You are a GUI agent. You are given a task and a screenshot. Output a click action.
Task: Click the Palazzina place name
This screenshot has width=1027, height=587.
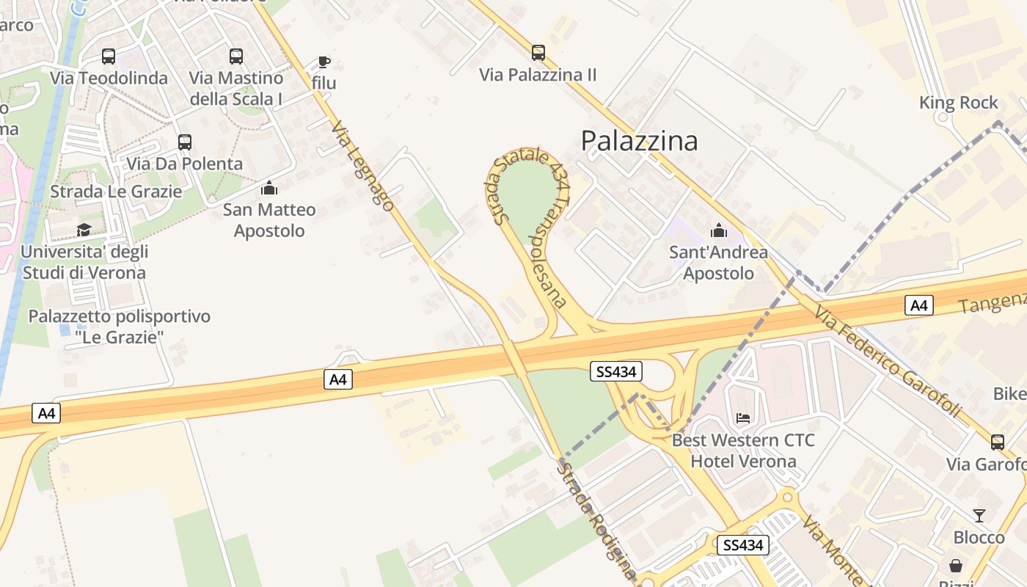pyautogui.click(x=639, y=141)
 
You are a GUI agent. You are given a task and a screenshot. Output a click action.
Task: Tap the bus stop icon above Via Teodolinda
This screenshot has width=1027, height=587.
pyautogui.click(x=109, y=56)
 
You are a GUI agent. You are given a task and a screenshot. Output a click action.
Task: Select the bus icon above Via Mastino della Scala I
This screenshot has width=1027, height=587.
pyautogui.click(x=235, y=56)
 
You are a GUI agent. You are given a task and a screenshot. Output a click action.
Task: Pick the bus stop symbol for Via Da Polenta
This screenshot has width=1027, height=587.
pyautogui.click(x=185, y=142)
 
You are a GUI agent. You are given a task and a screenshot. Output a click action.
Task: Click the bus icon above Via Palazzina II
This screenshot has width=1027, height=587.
pyautogui.click(x=538, y=53)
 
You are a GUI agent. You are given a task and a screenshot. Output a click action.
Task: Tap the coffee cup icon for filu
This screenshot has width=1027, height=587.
pyautogui.click(x=324, y=62)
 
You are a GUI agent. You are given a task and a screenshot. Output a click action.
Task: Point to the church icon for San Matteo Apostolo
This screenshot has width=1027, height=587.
pyautogui.click(x=269, y=189)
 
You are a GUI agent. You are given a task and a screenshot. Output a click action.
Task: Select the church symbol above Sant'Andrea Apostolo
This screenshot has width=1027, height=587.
pyautogui.click(x=718, y=231)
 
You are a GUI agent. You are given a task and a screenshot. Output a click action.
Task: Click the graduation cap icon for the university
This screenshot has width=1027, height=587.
pyautogui.click(x=84, y=230)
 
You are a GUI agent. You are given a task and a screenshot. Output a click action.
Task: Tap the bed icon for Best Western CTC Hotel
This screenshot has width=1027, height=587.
pyautogui.click(x=743, y=418)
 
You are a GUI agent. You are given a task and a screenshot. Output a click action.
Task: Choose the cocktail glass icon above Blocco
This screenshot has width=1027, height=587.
pyautogui.click(x=979, y=515)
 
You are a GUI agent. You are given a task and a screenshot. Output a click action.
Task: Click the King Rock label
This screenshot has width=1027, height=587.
pyautogui.click(x=959, y=103)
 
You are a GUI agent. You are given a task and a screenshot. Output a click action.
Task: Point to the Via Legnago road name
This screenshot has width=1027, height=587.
pyautogui.click(x=362, y=167)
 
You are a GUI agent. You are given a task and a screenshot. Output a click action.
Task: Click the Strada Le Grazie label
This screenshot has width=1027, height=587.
pyautogui.click(x=116, y=192)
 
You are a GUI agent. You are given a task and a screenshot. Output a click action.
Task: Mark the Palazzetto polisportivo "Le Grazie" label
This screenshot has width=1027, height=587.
pyautogui.click(x=119, y=327)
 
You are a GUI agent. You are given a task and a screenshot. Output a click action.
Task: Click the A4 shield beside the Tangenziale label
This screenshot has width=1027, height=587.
pyautogui.click(x=919, y=305)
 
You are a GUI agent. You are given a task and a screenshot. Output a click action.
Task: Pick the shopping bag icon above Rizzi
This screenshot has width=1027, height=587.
pyautogui.click(x=955, y=566)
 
